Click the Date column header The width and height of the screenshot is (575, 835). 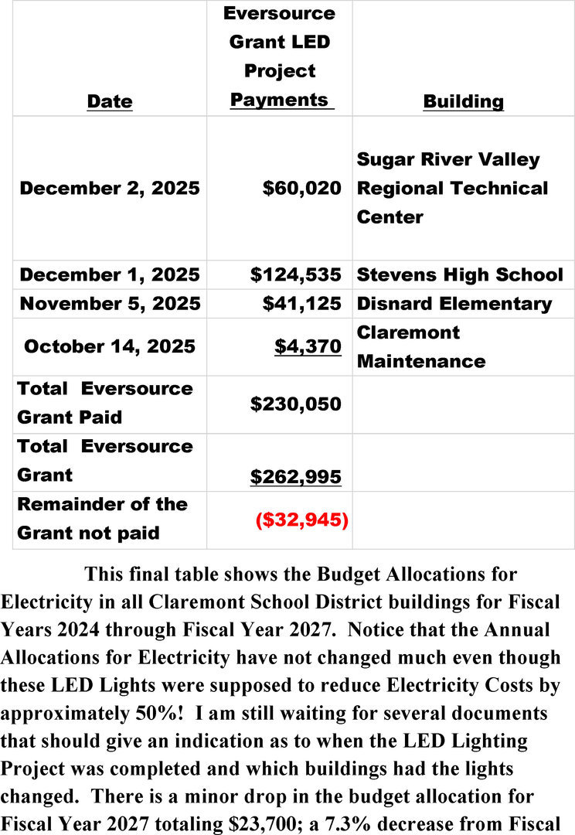pyautogui.click(x=110, y=101)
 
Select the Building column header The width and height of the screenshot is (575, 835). pyautogui.click(x=463, y=101)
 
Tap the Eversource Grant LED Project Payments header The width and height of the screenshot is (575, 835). pyautogui.click(x=279, y=56)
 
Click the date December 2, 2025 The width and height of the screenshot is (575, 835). pyautogui.click(x=110, y=188)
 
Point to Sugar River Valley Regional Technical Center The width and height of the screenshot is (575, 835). pyautogui.click(x=452, y=188)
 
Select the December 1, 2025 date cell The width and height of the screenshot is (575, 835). pyautogui.click(x=110, y=274)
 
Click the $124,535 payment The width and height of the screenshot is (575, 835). pyautogui.click(x=296, y=274)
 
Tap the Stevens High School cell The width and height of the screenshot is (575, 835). pyautogui.click(x=460, y=274)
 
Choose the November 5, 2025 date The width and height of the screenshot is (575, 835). pyautogui.click(x=110, y=303)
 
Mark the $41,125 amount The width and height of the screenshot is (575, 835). pyautogui.click(x=301, y=303)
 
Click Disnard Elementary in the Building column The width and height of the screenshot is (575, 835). pyautogui.click(x=454, y=303)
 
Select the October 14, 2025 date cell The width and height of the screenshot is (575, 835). pyautogui.click(x=110, y=346)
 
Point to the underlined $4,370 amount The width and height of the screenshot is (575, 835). pyautogui.click(x=308, y=346)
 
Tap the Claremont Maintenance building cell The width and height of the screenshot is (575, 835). pyautogui.click(x=421, y=346)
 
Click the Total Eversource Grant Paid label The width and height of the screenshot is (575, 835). pyautogui.click(x=105, y=403)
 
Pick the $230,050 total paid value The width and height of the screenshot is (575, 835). pyautogui.click(x=296, y=403)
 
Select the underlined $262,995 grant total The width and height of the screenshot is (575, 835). pyautogui.click(x=296, y=477)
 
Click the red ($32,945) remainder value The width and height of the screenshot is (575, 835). pyautogui.click(x=301, y=520)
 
